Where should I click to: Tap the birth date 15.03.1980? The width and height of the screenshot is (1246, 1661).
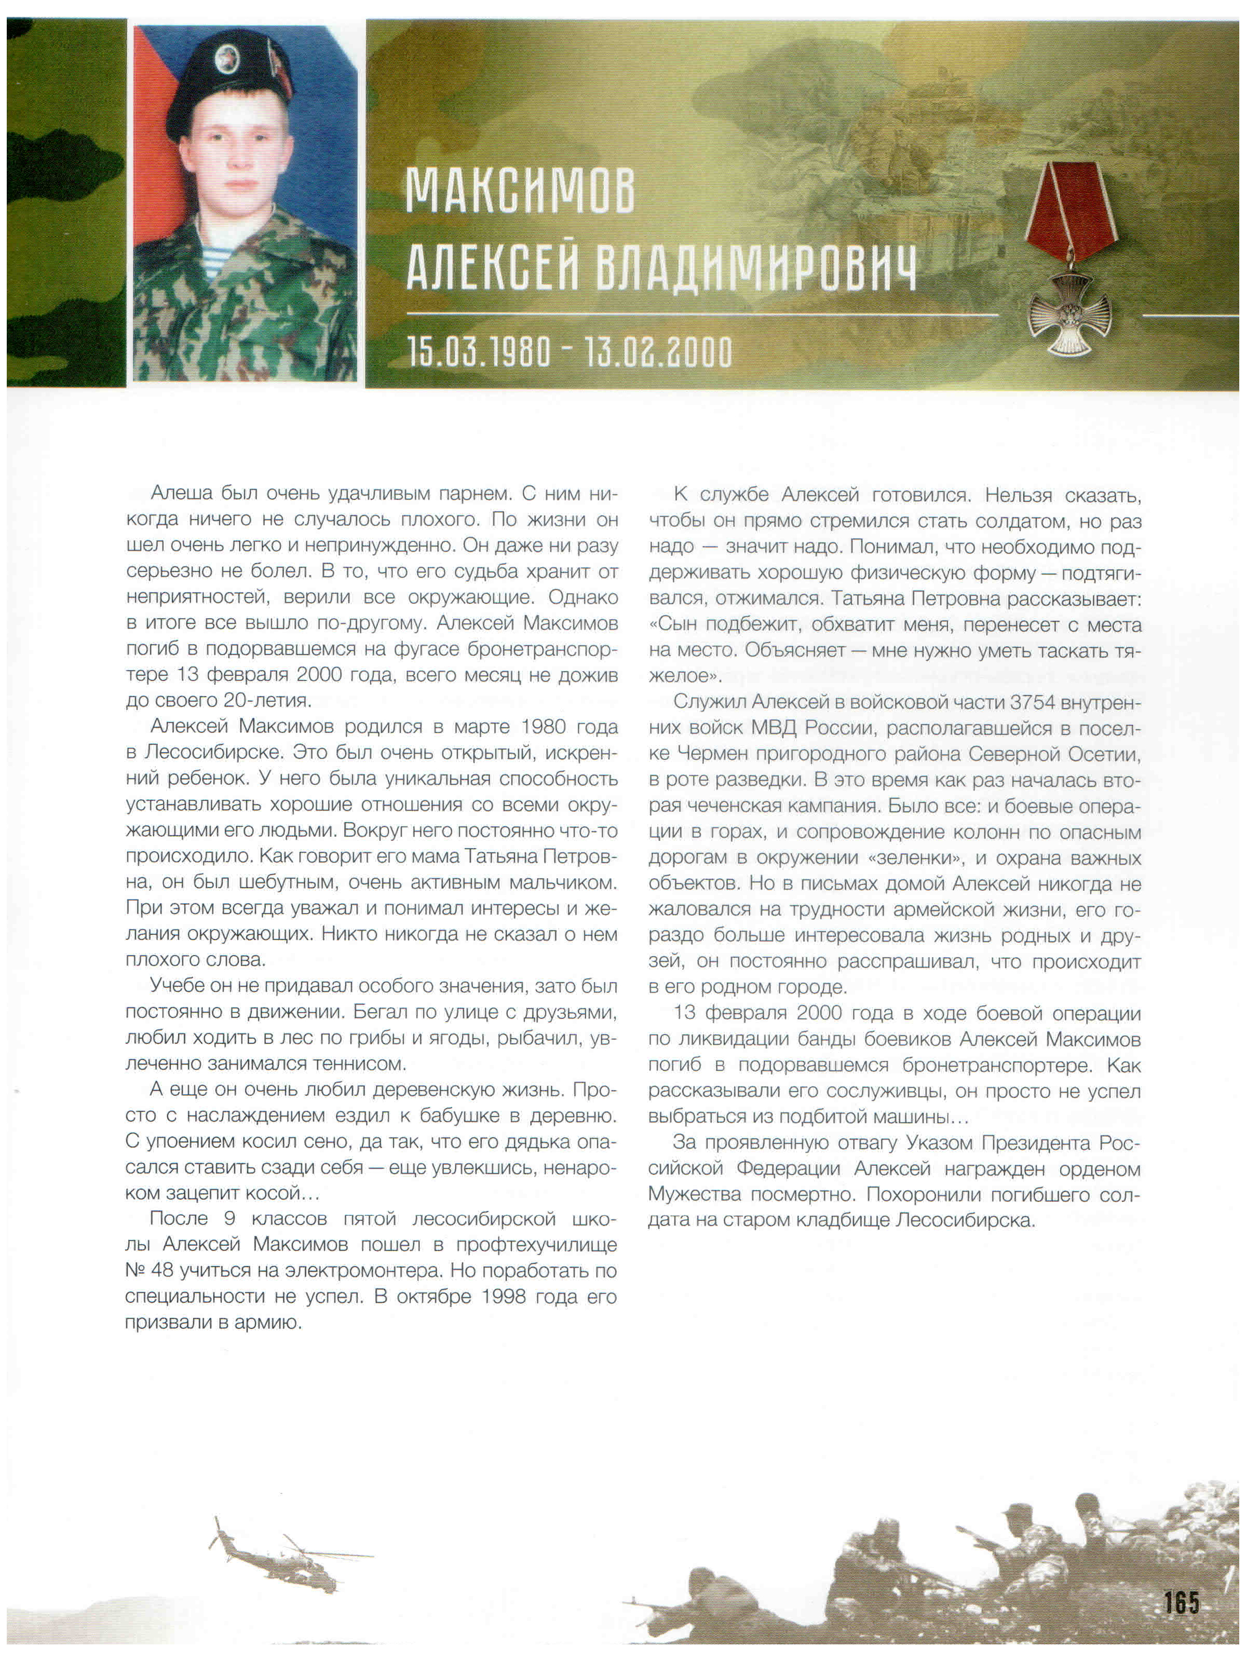click(x=479, y=351)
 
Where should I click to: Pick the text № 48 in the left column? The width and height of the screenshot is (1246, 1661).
click(x=147, y=1271)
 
